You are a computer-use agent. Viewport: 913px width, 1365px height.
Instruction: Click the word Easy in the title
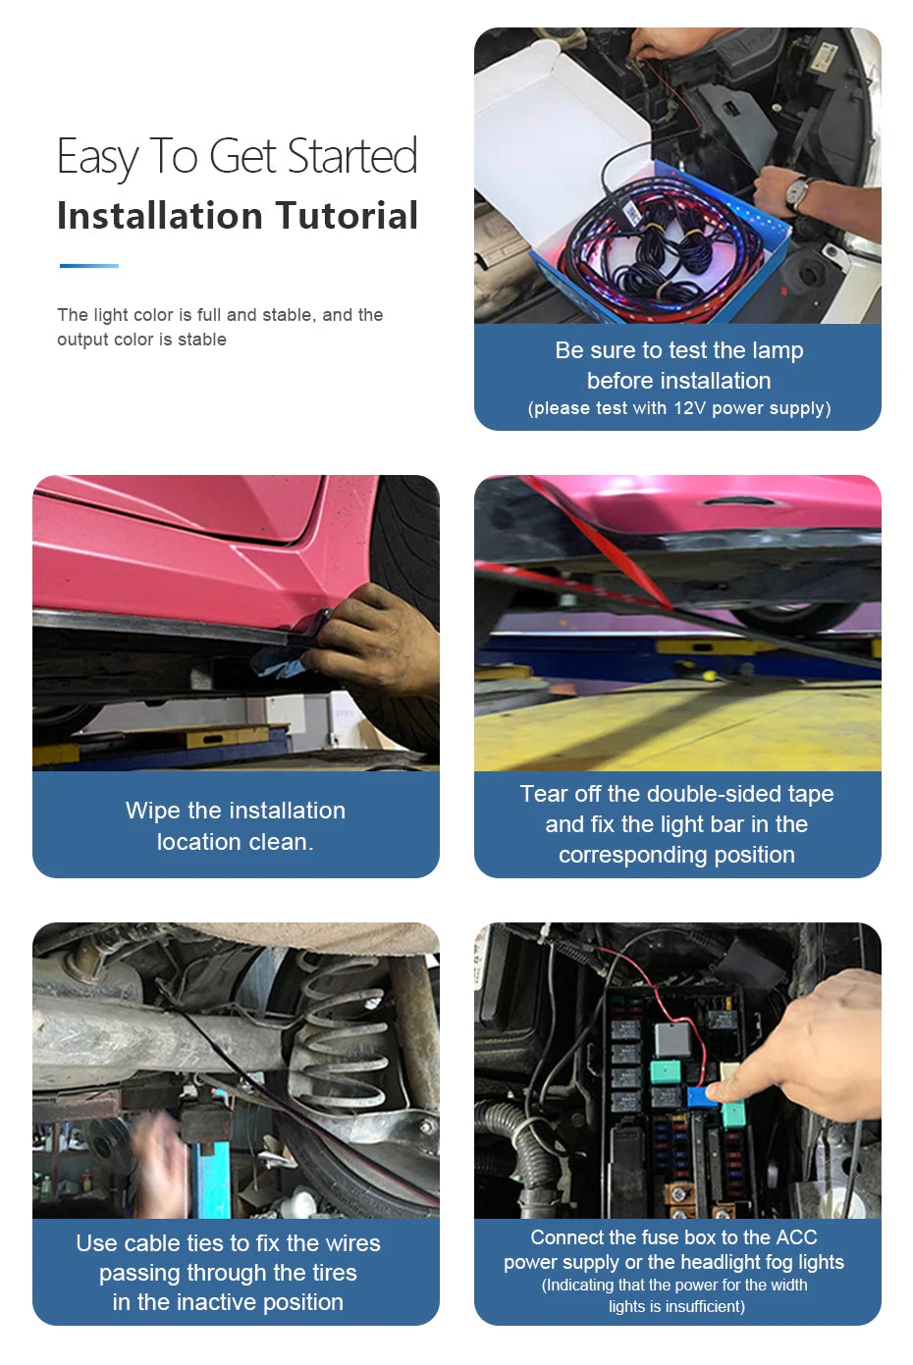coord(97,157)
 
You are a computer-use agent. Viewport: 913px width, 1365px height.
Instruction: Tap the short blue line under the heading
coord(88,265)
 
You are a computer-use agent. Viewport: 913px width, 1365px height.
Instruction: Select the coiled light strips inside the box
coord(668,250)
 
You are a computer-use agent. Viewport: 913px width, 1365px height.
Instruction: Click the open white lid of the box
coord(560,128)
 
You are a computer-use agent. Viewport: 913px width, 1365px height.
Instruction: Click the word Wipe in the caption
coord(153,811)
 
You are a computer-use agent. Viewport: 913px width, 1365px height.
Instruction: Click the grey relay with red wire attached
coord(672,1038)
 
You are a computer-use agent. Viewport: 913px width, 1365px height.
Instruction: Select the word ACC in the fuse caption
coord(796,1237)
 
